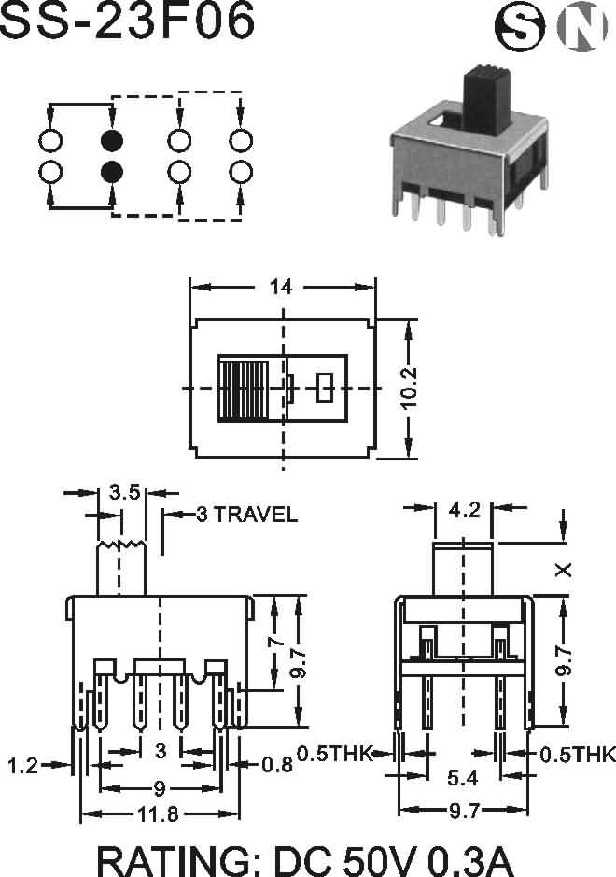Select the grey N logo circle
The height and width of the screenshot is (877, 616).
[x=581, y=26]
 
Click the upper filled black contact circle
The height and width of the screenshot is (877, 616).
[x=112, y=140]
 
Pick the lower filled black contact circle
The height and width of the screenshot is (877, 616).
[x=112, y=172]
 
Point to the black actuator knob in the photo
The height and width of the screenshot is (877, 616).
[x=487, y=101]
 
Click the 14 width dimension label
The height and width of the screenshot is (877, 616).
[x=281, y=287]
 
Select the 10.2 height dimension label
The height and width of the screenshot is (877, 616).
[x=409, y=389]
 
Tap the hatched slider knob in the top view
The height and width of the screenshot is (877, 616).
[x=244, y=389]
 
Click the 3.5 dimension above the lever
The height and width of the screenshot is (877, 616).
[x=124, y=493]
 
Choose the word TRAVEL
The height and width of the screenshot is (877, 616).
[x=256, y=514]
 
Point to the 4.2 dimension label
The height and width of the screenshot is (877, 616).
[x=464, y=510]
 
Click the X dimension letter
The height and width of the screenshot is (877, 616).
[x=564, y=570]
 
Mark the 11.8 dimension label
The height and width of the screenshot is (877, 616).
[x=158, y=814]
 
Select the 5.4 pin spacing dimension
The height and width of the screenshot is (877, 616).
[x=462, y=777]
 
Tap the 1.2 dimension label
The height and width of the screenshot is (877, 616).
[x=23, y=765]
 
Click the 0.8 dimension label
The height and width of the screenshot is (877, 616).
[x=277, y=765]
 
